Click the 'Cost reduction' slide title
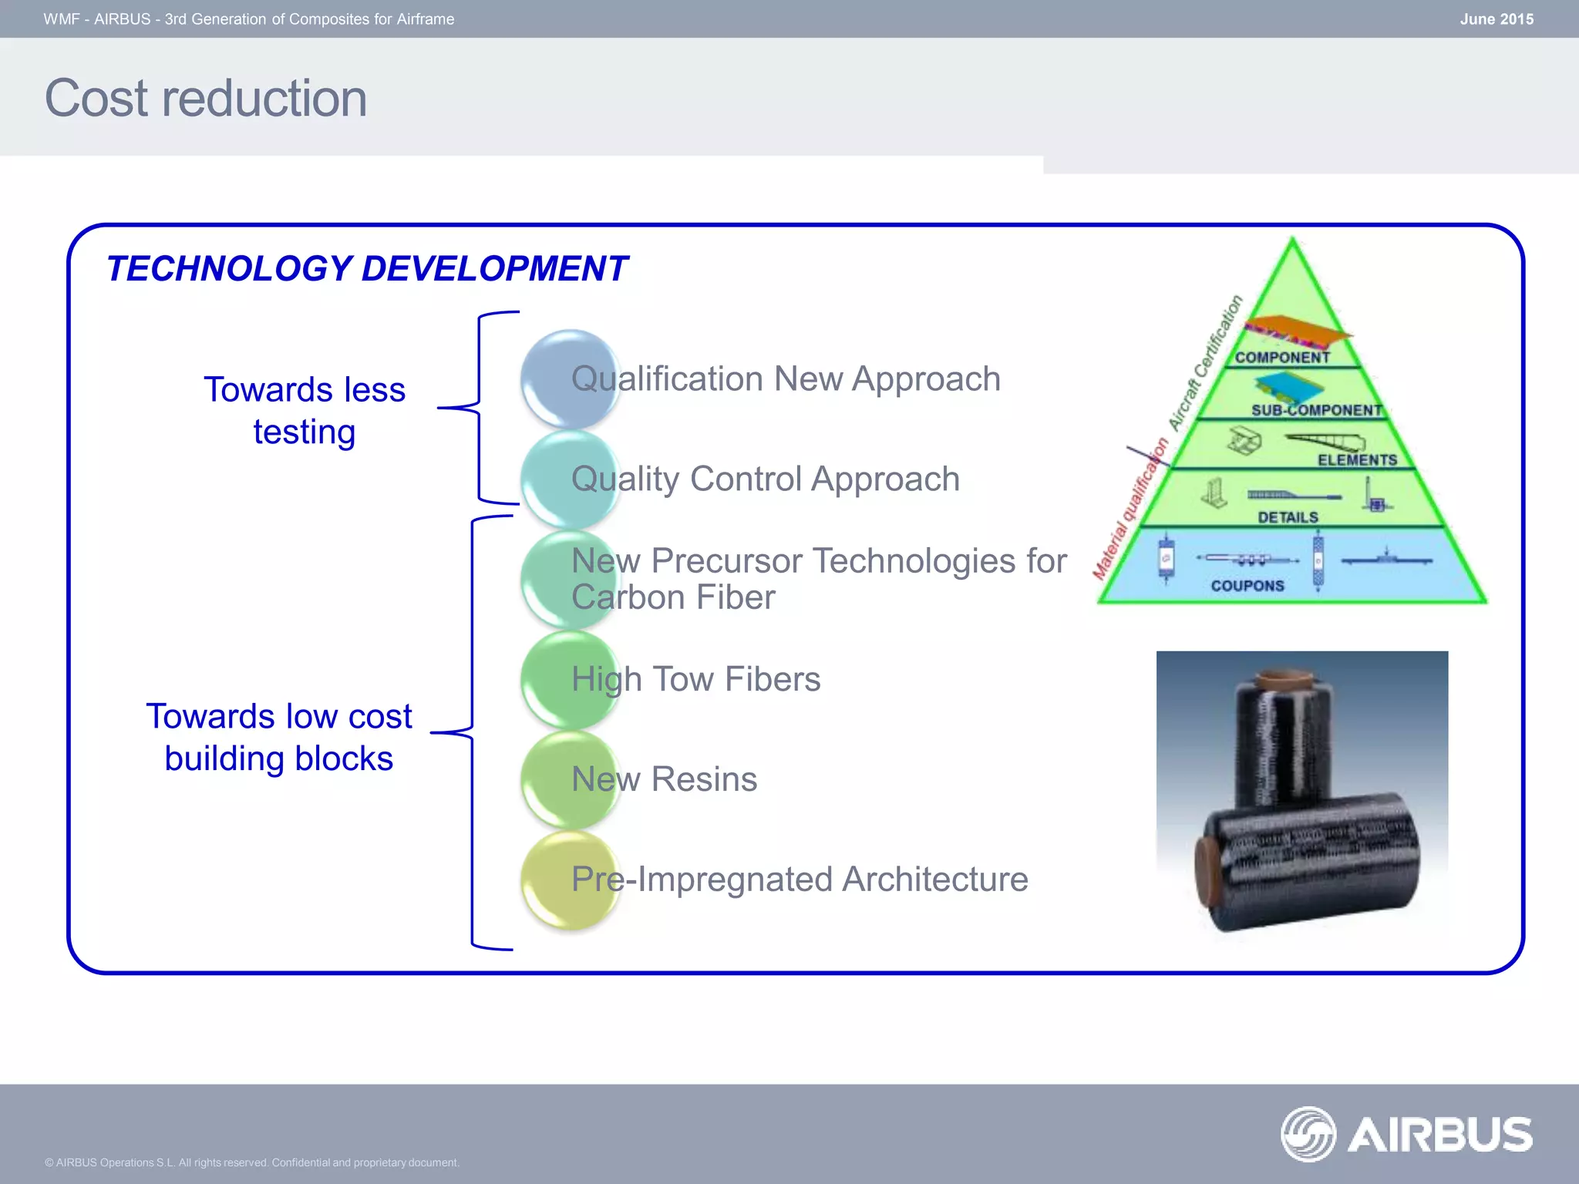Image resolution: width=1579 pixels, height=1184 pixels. pyautogui.click(x=206, y=99)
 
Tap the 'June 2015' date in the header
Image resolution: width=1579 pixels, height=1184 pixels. pyautogui.click(x=1496, y=19)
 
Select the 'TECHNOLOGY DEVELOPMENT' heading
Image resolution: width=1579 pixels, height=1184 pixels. pyautogui.click(x=367, y=269)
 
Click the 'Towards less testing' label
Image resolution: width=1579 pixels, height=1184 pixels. pyautogui.click(x=305, y=410)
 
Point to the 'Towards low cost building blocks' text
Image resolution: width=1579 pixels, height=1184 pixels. pyautogui.click(x=279, y=737)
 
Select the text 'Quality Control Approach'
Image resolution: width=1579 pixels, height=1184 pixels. pyautogui.click(x=765, y=479)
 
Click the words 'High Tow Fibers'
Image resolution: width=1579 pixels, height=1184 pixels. pyautogui.click(x=695, y=679)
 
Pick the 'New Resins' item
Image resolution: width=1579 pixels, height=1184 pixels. pyautogui.click(x=664, y=779)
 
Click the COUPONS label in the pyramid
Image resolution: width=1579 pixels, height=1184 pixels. pyautogui.click(x=1247, y=586)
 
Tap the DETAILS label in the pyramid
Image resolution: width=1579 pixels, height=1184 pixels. pyautogui.click(x=1288, y=517)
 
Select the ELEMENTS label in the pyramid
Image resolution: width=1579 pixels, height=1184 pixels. pyautogui.click(x=1357, y=460)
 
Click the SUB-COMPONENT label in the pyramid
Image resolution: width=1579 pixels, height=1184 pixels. pyautogui.click(x=1316, y=410)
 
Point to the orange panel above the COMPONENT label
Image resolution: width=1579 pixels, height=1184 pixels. pyautogui.click(x=1298, y=330)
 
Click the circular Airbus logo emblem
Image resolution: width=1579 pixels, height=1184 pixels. pyautogui.click(x=1308, y=1134)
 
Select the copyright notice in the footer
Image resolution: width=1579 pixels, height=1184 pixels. pyautogui.click(x=251, y=1162)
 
